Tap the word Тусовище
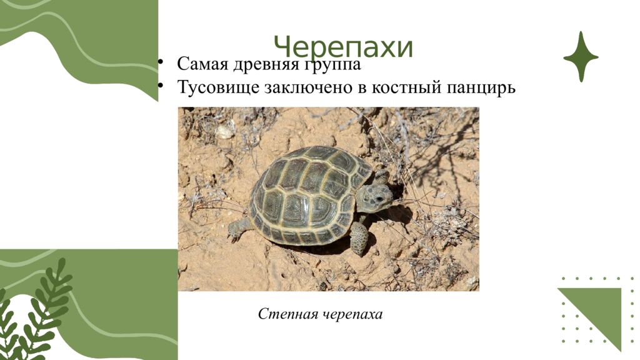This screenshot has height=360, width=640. coord(217,87)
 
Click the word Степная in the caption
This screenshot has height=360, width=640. coord(287,314)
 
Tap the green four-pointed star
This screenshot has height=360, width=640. coord(581,57)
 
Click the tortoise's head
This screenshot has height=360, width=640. coord(375,196)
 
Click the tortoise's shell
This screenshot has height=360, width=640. coord(306,194)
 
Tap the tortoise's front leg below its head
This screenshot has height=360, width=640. coord(359,237)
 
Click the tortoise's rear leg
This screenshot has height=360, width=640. coord(237,229)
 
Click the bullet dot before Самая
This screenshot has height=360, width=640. coord(161,62)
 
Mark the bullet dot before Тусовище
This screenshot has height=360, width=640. coord(161,85)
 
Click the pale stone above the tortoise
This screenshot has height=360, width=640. coord(224,132)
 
